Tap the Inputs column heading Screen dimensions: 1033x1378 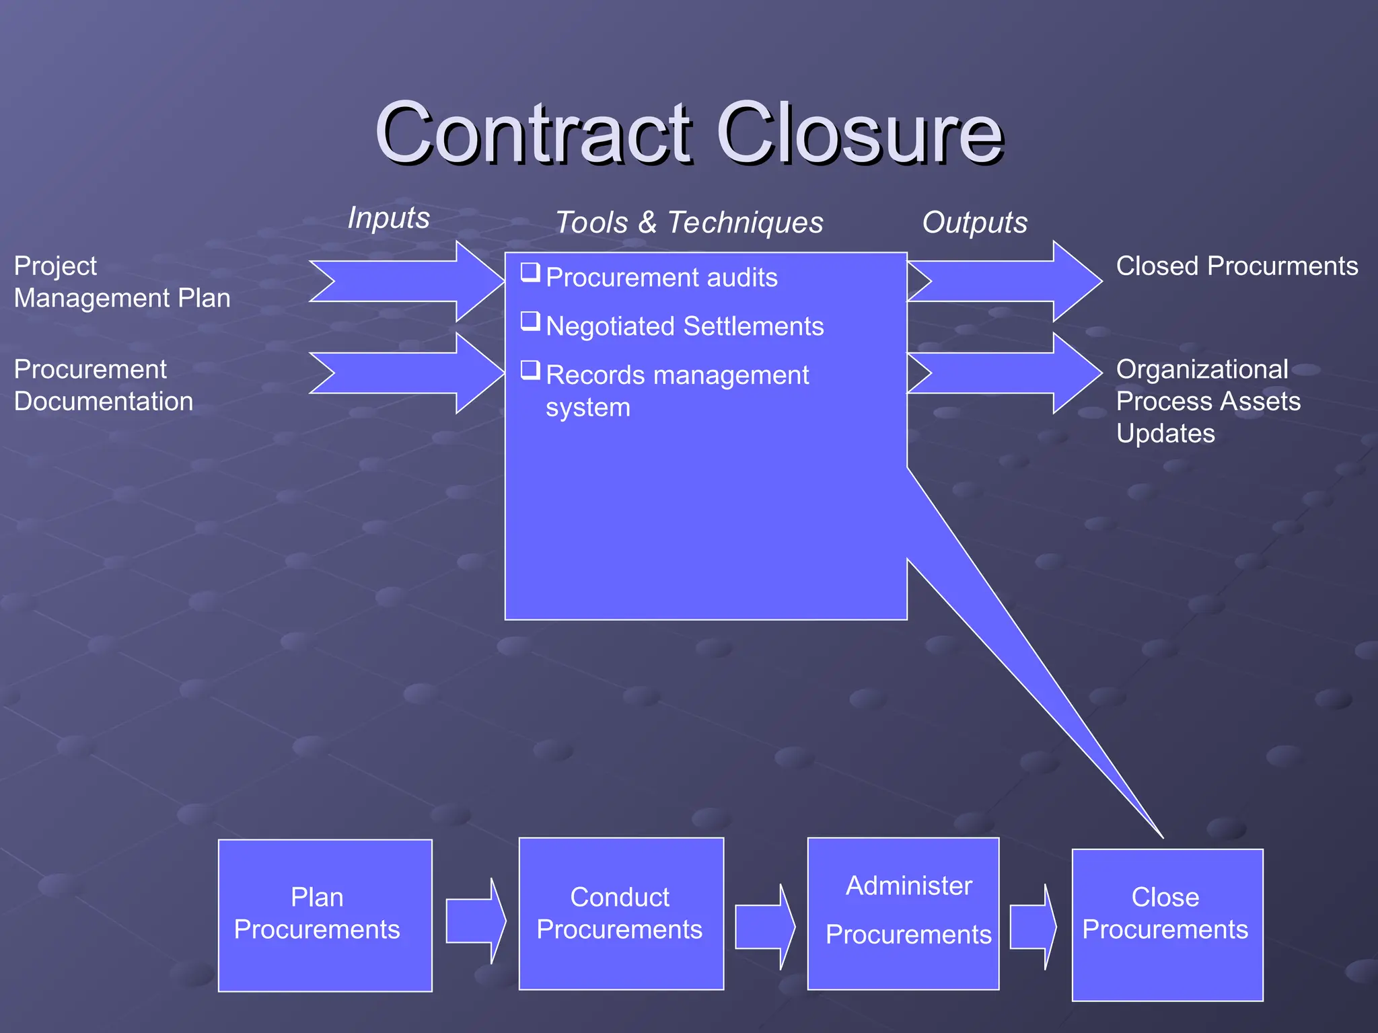tap(388, 218)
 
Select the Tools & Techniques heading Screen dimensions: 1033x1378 tap(689, 223)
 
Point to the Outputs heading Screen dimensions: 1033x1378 tap(974, 223)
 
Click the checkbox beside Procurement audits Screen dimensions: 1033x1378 tap(530, 272)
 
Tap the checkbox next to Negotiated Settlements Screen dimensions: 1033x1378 tap(530, 321)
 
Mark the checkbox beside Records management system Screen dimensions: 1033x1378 tap(530, 370)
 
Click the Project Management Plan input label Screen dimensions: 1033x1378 tap(122, 282)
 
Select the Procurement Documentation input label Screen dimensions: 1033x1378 tap(104, 385)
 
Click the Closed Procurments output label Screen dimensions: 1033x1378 tap(1237, 266)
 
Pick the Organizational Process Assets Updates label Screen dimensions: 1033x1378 tap(1208, 401)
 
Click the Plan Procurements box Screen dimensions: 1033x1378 tap(325, 915)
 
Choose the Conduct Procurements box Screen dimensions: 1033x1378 tap(621, 913)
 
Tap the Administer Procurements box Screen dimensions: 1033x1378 tap(903, 913)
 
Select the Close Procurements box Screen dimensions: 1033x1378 tap(1167, 925)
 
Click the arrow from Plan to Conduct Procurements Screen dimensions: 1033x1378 tap(475, 921)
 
